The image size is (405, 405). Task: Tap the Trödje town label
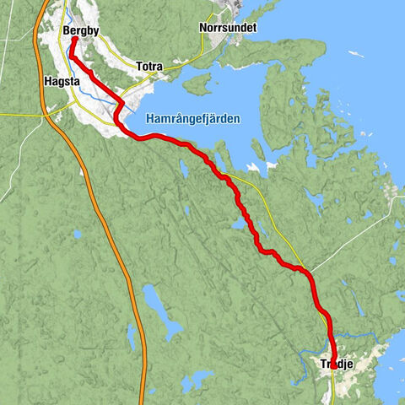click(x=335, y=364)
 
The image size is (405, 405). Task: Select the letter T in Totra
click(x=138, y=65)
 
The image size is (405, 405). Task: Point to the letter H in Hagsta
click(x=45, y=82)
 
